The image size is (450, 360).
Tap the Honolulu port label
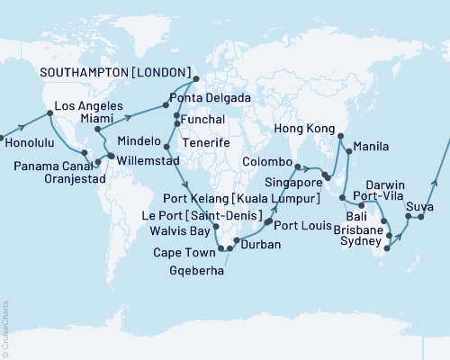pos(31,142)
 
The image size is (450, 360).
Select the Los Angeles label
pos(87,104)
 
